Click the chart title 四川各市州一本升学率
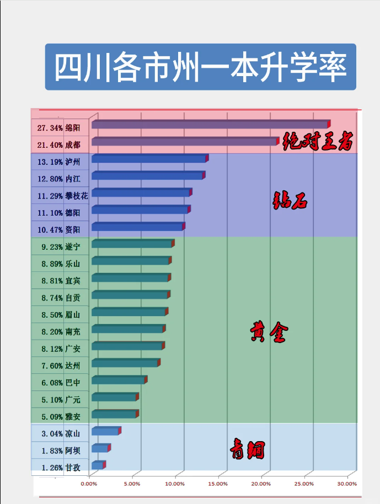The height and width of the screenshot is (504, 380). [x=200, y=67]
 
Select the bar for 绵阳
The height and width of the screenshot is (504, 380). [x=210, y=125]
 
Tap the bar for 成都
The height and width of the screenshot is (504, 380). [x=185, y=142]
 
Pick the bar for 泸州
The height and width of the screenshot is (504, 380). [x=149, y=159]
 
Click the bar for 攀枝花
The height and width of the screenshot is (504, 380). [x=141, y=193]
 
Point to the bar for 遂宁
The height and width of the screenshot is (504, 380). [x=132, y=244]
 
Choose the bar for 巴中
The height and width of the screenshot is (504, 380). [x=119, y=380]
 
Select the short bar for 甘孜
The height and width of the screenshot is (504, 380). [x=98, y=465]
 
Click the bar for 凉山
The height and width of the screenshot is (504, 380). [x=105, y=431]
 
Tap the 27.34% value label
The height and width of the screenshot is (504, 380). [x=50, y=128]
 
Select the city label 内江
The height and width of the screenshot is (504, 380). [x=73, y=179]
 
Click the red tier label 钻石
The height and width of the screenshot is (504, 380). [x=290, y=201]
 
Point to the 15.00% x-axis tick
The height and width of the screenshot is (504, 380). [x=218, y=484]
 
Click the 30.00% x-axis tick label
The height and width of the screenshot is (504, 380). [x=347, y=484]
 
